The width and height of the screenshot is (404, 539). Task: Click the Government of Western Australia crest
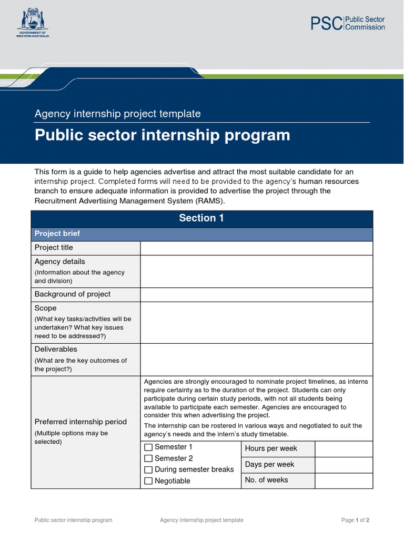coord(33,22)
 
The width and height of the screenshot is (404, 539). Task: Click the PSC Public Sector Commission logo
coord(347,23)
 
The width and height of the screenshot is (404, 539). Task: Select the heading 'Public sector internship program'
coord(162,135)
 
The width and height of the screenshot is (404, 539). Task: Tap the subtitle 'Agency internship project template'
coord(117,114)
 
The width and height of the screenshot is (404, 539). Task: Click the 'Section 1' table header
coord(201,218)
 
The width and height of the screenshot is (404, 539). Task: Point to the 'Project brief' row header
coord(57,234)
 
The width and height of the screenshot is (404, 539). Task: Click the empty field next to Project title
coord(256,248)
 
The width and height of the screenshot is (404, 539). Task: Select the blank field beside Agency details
coord(256,272)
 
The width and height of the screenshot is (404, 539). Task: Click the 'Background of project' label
coord(73,294)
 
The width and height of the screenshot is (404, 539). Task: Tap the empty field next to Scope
coord(256,322)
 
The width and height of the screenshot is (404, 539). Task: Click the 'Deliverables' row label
coord(56,349)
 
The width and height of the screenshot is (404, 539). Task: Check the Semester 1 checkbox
coord(148,447)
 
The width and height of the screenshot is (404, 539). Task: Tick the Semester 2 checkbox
coord(148,458)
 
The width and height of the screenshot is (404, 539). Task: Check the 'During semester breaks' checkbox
coord(148,470)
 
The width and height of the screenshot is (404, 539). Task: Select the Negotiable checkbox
coord(148,481)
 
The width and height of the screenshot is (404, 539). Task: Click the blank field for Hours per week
coord(344,449)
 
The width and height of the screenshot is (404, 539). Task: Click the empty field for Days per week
coord(344,465)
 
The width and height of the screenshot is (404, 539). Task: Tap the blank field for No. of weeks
coord(344,480)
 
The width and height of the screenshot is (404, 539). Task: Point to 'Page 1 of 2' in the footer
coord(355,520)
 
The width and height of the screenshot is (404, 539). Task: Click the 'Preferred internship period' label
coord(80,422)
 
